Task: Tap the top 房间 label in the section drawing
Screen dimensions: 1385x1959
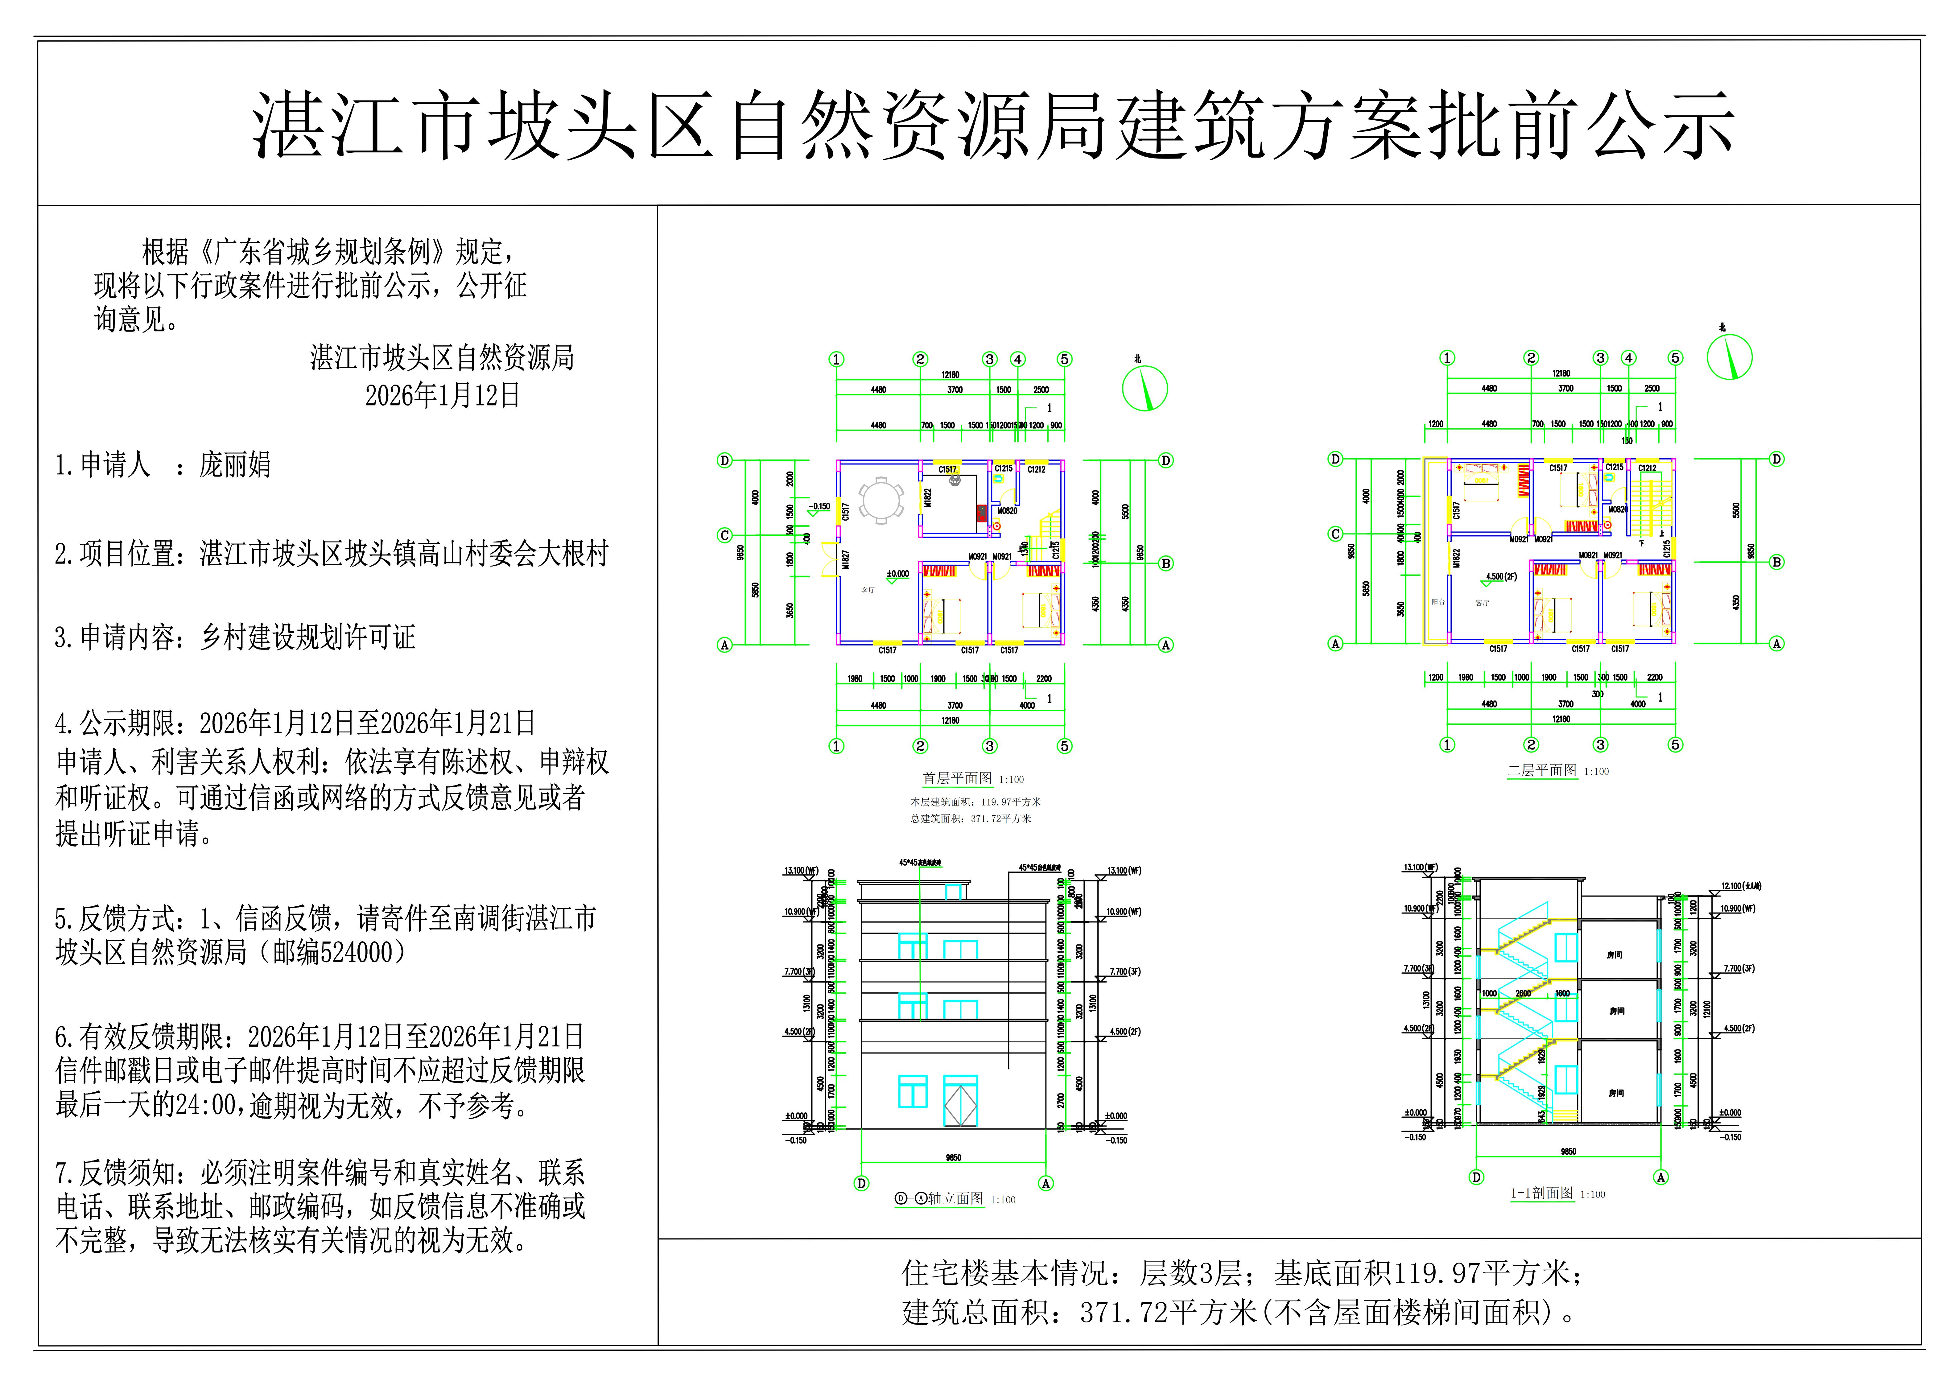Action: tap(1614, 955)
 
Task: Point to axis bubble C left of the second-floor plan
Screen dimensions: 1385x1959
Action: tap(1335, 534)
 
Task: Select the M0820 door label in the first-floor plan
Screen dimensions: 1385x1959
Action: tap(1007, 511)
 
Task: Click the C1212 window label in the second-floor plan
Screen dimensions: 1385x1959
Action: tap(1647, 468)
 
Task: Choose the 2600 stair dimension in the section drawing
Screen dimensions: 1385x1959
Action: tap(1523, 993)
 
